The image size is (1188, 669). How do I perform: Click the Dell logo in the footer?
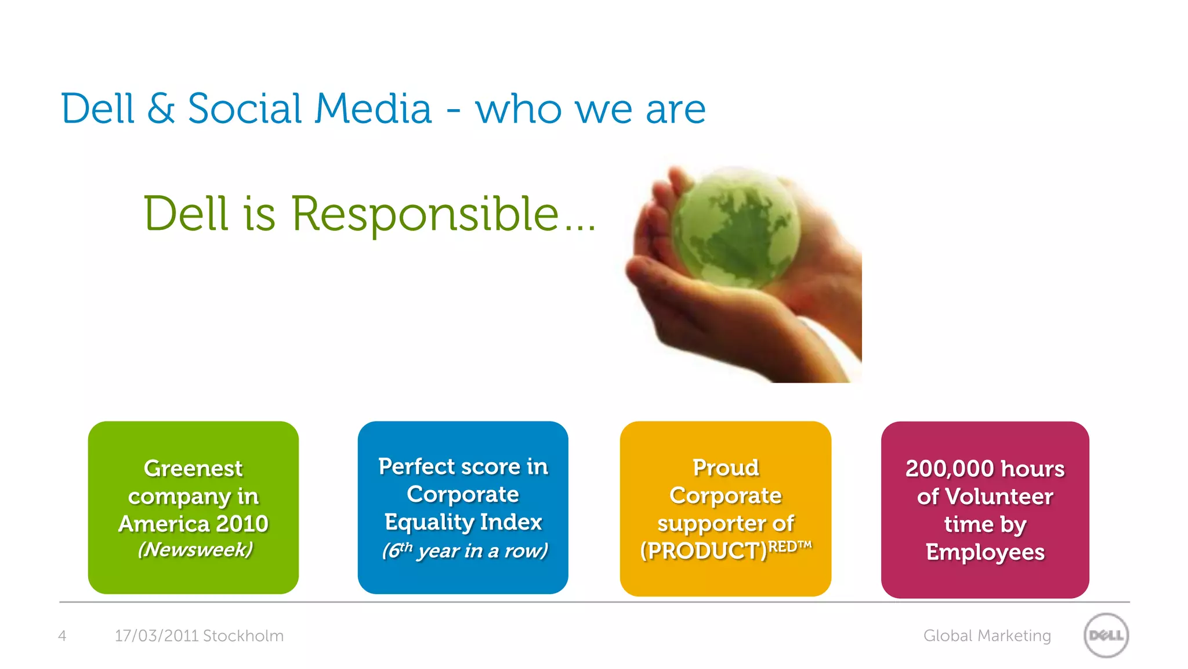(1106, 635)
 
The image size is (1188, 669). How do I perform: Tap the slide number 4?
(62, 636)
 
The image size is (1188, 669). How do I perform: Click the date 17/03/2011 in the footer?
(157, 636)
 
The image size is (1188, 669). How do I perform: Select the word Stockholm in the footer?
(243, 636)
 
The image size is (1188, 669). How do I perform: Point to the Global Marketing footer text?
(987, 636)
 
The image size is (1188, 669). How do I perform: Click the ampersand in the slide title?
(161, 109)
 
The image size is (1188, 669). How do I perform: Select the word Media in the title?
(374, 109)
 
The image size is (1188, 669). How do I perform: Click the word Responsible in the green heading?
(425, 214)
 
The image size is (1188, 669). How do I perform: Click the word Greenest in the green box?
(193, 468)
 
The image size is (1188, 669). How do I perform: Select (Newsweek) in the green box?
(195, 549)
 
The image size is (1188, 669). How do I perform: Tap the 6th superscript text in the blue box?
(398, 549)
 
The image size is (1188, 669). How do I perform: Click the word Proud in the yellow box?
(726, 467)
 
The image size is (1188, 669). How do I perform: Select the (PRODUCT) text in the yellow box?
(703, 551)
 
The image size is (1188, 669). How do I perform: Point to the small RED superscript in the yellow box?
(782, 546)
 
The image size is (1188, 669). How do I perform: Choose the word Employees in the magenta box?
(985, 552)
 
